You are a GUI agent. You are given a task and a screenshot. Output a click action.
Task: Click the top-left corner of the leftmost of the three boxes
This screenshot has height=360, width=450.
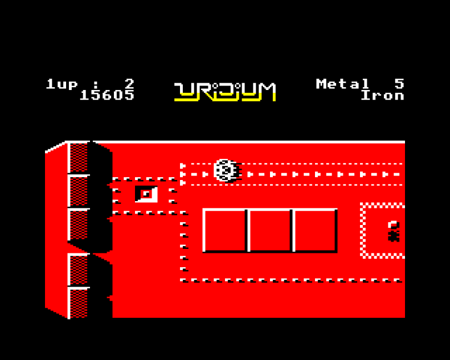click(x=203, y=209)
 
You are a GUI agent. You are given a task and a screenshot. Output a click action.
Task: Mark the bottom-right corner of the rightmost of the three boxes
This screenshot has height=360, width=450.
click(x=337, y=253)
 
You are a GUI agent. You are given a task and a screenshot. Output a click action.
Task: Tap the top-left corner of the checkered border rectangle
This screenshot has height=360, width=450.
click(x=361, y=203)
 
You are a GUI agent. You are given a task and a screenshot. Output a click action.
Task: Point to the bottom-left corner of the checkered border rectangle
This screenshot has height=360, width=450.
click(x=361, y=258)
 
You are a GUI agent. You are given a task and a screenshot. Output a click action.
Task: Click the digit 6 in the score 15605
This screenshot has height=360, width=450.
click(x=107, y=95)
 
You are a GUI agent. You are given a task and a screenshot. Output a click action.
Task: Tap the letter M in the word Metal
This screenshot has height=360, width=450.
click(x=322, y=84)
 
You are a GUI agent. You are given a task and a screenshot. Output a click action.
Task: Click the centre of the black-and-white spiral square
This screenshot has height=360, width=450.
click(x=146, y=194)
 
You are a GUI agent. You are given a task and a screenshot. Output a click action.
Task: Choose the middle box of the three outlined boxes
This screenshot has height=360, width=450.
click(x=271, y=231)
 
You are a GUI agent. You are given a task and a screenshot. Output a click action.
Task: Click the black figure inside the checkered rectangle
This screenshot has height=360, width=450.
click(x=394, y=231)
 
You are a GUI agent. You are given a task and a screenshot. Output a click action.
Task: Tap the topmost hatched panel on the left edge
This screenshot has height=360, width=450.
click(x=79, y=158)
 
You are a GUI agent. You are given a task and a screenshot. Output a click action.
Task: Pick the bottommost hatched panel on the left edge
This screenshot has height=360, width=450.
click(x=79, y=303)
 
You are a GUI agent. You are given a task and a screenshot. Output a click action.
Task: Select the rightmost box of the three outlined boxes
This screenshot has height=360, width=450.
click(x=315, y=231)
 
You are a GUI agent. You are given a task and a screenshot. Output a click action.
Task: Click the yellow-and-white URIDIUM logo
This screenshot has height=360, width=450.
click(x=225, y=92)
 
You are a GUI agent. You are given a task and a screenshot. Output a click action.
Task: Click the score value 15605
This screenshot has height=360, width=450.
click(x=107, y=95)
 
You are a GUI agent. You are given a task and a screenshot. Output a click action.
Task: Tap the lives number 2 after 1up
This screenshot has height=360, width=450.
click(x=129, y=84)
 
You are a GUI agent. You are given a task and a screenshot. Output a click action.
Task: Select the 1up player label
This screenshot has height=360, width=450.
click(x=62, y=84)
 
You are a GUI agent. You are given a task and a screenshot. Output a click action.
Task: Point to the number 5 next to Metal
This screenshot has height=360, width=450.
click(x=399, y=84)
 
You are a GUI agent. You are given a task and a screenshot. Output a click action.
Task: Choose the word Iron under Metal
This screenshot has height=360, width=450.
click(x=383, y=95)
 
